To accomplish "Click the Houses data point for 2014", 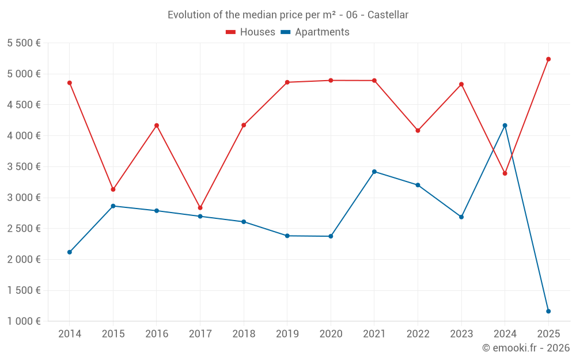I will pyautogui.click(x=70, y=83).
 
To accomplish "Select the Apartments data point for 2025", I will pyautogui.click(x=548, y=311).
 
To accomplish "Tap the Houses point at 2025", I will pyautogui.click(x=548, y=59).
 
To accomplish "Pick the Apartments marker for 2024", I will pyautogui.click(x=505, y=126).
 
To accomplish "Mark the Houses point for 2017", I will pyautogui.click(x=200, y=208).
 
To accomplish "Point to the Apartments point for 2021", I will pyautogui.click(x=374, y=172).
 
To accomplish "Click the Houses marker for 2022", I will pyautogui.click(x=418, y=131).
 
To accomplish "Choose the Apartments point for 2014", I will pyautogui.click(x=70, y=252).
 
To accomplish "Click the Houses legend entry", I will pyautogui.click(x=251, y=32).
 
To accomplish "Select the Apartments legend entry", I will pyautogui.click(x=316, y=32).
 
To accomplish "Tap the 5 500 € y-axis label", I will pyautogui.click(x=24, y=43).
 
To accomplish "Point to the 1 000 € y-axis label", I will pyautogui.click(x=24, y=321).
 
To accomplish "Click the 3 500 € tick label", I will pyautogui.click(x=24, y=167).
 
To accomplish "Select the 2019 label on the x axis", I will pyautogui.click(x=287, y=334).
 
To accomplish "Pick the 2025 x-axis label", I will pyautogui.click(x=548, y=334).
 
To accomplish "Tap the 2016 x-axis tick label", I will pyautogui.click(x=157, y=334).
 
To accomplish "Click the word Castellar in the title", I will pyautogui.click(x=388, y=15).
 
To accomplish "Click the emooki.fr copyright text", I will pyautogui.click(x=525, y=348).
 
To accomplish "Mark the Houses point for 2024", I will pyautogui.click(x=505, y=173).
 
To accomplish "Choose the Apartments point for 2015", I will pyautogui.click(x=113, y=206).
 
